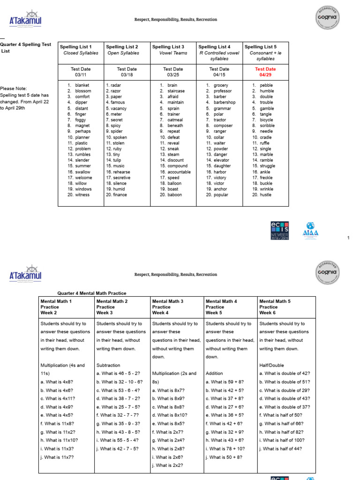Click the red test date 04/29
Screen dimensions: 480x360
265,75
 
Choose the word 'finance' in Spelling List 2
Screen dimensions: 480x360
119,195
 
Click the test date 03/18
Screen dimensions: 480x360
127,75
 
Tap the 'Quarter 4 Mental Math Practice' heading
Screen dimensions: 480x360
92,293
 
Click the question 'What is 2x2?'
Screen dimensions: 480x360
171,465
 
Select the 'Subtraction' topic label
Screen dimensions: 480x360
108,365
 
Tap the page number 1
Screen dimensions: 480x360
348,238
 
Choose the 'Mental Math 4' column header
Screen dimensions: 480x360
222,301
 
